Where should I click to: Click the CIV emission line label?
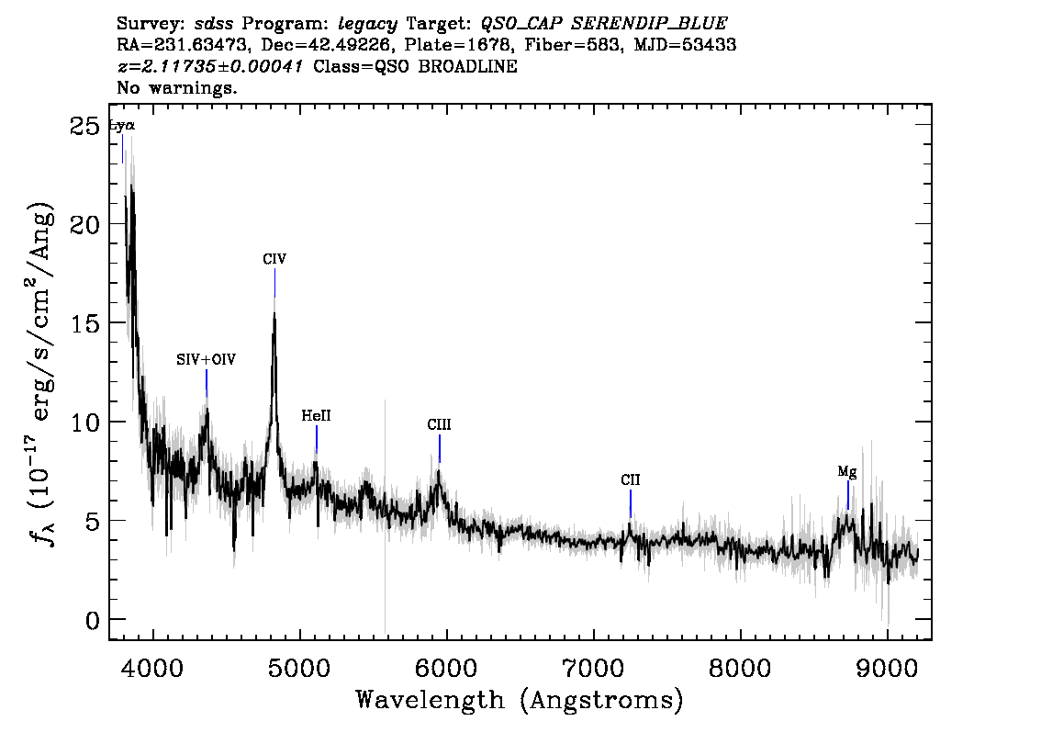(274, 260)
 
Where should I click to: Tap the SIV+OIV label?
(207, 361)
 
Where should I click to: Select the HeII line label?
(316, 416)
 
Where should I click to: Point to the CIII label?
(440, 425)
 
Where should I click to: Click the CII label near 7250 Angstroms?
(630, 480)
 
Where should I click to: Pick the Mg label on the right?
(847, 472)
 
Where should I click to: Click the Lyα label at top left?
(122, 126)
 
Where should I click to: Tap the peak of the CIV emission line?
(274, 312)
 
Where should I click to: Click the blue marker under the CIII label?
(440, 449)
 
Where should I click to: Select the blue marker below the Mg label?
(848, 495)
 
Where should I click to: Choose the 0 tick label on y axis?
(92, 620)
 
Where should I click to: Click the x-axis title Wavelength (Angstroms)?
(520, 700)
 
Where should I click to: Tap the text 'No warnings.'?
(177, 88)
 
